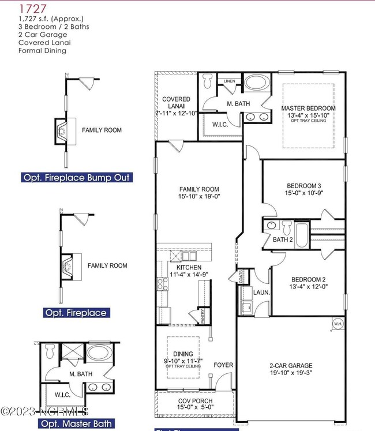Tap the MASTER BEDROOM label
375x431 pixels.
[308, 108]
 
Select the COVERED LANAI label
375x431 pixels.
[176, 103]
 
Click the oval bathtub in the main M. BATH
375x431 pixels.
[255, 83]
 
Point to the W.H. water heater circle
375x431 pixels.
[337, 324]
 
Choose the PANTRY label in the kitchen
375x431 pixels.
[202, 316]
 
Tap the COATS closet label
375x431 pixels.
[239, 277]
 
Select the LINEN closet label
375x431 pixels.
[230, 81]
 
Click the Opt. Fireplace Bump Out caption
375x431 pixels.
[76, 178]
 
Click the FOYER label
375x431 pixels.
[223, 365]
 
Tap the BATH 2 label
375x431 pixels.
[283, 239]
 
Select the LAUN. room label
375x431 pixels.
[261, 293]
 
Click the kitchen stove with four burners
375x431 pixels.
[162, 284]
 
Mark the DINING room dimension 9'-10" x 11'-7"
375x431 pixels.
[183, 361]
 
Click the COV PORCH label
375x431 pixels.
[194, 400]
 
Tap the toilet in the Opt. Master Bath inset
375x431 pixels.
[51, 350]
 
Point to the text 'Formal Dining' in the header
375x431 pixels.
[42, 51]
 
